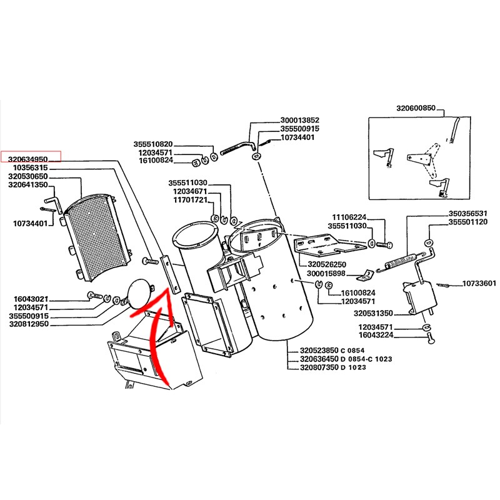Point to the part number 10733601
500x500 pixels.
(479, 284)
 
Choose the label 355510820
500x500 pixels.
(153, 144)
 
